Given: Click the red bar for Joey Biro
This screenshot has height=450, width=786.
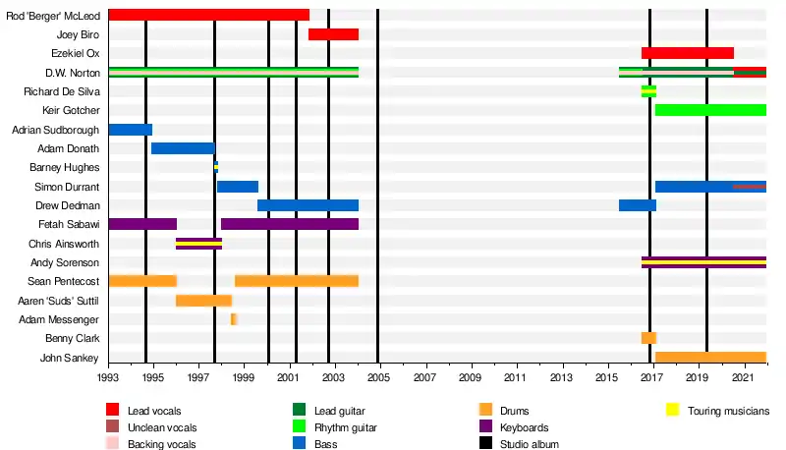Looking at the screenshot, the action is coord(333,34).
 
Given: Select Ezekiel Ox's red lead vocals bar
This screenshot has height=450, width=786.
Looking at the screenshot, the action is coord(688,53).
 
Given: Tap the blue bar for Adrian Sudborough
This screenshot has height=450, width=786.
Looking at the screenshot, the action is coord(131,130).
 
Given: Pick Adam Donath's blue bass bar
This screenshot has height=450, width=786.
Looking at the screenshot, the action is coord(184,148).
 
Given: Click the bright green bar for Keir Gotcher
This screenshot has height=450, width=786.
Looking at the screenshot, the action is coord(710,110).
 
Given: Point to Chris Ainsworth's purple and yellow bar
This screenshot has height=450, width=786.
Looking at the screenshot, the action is coord(199,244).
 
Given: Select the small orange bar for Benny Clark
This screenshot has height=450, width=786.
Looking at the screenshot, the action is coord(648,338).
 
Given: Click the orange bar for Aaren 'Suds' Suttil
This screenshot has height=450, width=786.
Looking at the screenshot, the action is coord(203,301).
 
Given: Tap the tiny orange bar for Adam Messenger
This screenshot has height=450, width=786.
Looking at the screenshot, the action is coord(234,319).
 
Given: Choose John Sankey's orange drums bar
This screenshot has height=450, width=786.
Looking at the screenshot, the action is coord(710,358).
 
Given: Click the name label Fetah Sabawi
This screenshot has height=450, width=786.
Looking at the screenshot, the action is coord(69,224).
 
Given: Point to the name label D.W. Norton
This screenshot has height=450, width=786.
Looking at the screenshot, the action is coord(73,73).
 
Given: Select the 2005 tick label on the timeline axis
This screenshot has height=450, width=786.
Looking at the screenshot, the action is coord(378,377).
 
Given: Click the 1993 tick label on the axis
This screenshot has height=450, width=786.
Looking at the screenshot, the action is coord(108,377).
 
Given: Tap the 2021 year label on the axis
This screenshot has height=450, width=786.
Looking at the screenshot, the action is coord(743,377).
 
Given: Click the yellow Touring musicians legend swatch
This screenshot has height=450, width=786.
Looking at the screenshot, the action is coord(673,410).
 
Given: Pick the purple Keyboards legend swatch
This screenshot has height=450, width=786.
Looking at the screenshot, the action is coord(485,426).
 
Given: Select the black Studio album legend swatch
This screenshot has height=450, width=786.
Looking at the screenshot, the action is coord(485,443).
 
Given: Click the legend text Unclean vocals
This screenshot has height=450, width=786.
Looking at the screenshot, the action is coord(162,427).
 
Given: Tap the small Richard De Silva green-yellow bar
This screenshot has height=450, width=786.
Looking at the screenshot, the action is coord(648,91).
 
